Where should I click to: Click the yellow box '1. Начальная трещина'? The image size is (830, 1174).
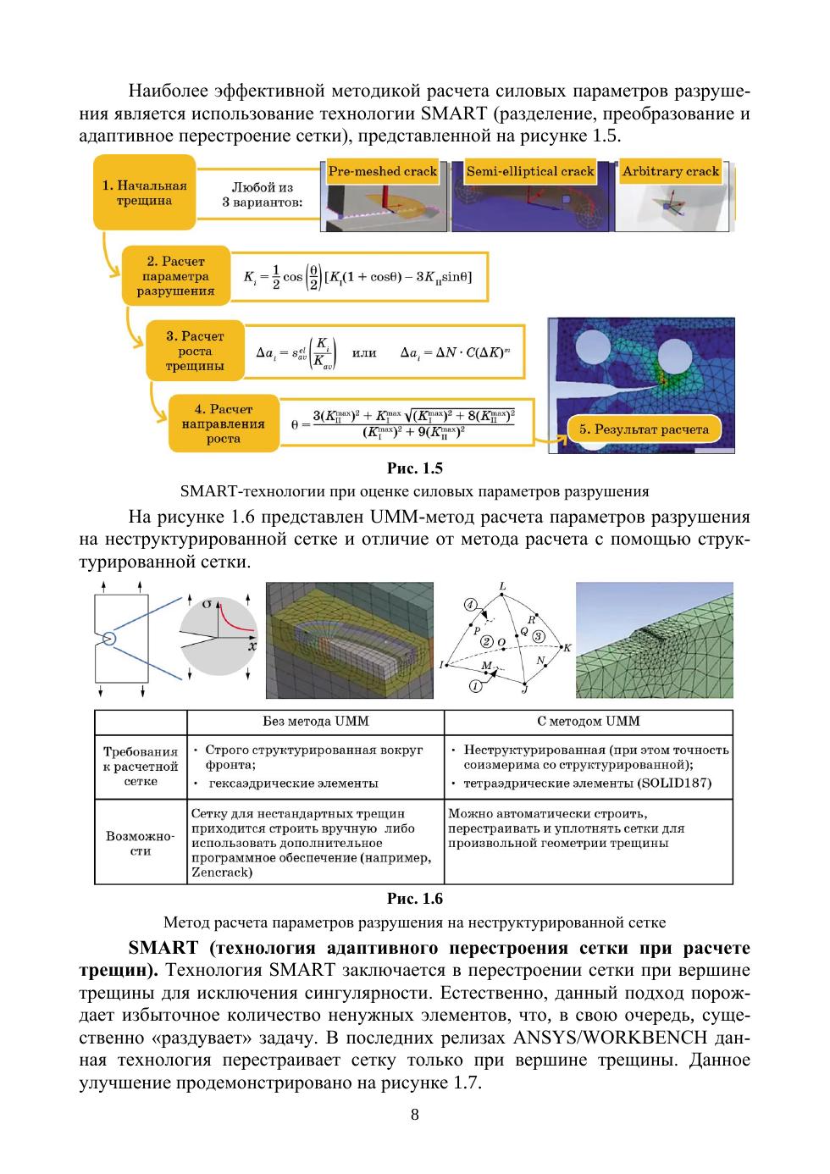point(144,194)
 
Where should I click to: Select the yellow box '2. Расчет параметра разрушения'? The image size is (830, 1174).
point(175,276)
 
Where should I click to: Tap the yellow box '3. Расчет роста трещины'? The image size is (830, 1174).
point(195,352)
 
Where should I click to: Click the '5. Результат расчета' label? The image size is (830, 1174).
point(644,429)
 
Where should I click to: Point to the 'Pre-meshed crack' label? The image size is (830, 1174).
point(383,171)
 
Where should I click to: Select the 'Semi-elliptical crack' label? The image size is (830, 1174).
point(530,171)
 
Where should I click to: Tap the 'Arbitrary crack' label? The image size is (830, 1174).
point(670,171)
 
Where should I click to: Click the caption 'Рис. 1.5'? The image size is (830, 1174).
point(414,468)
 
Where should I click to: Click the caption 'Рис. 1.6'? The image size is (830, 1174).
point(414,899)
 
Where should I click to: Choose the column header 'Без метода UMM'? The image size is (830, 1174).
point(315,722)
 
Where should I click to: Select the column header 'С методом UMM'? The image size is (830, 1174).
point(588,722)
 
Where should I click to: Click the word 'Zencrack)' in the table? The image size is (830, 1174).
point(222,872)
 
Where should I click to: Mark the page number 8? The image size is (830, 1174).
point(414,1115)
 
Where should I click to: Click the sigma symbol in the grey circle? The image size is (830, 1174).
point(208,603)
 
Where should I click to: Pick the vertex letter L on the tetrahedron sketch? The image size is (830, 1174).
point(503,586)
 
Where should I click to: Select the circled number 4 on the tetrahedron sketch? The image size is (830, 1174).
point(470,605)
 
